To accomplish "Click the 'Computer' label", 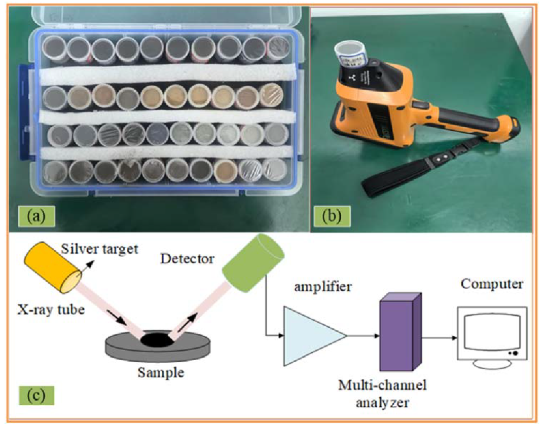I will (x=491, y=285).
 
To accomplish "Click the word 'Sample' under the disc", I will (x=161, y=373).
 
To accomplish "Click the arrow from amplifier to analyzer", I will (x=363, y=335).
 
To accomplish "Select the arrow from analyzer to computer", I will (x=438, y=335).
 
